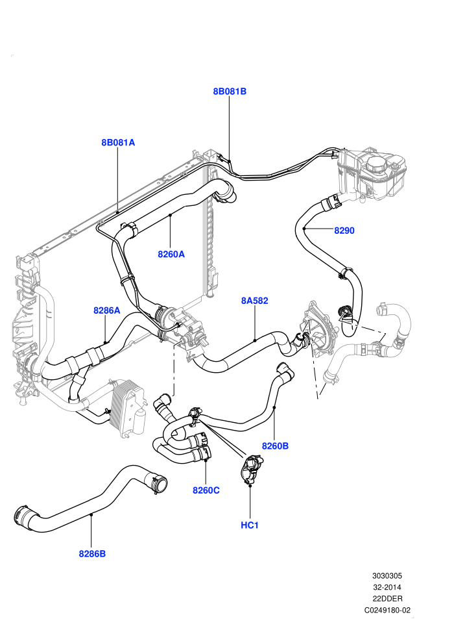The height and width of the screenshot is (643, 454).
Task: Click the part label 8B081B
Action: click(230, 92)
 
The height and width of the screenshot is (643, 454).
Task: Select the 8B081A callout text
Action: click(118, 143)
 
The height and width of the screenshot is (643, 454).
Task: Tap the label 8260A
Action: click(171, 254)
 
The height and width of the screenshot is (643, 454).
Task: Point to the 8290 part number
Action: click(344, 231)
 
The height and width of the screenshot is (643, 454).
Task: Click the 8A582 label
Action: click(255, 301)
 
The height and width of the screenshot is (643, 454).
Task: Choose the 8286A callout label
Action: click(107, 310)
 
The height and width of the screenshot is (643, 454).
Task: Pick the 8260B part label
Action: click(275, 446)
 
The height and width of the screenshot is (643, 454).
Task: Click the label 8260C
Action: click(206, 490)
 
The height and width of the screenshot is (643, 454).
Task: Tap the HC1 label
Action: click(250, 525)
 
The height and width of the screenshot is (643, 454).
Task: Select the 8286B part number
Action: click(92, 553)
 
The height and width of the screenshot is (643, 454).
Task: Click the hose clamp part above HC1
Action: click(250, 470)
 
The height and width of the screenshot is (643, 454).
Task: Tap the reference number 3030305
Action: click(387, 575)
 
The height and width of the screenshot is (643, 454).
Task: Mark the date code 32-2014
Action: click(387, 587)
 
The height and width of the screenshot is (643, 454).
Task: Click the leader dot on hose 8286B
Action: click(91, 514)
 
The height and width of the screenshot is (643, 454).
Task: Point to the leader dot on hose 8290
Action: click(304, 228)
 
